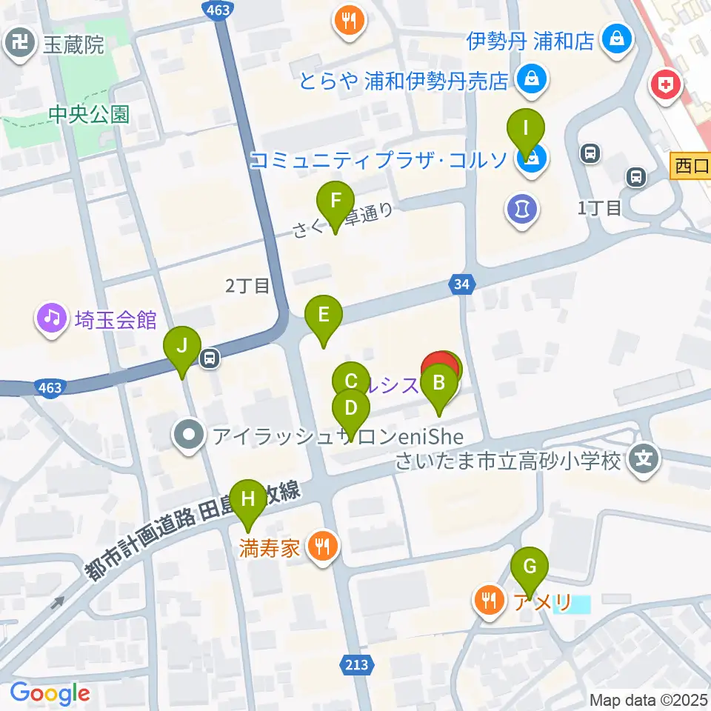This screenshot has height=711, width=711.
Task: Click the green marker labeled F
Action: [x=336, y=201]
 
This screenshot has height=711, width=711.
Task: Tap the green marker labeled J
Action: [x=182, y=346]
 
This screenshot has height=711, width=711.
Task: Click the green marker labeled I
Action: [x=526, y=129]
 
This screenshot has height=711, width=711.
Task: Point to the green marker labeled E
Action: [x=324, y=315]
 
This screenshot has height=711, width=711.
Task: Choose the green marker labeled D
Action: [x=352, y=408]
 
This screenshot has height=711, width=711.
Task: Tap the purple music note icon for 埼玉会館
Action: [x=51, y=319]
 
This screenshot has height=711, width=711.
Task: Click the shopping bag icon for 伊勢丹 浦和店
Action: [x=615, y=39]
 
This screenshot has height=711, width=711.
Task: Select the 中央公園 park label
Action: [x=89, y=114]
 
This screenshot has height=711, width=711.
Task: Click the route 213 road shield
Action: [x=356, y=665]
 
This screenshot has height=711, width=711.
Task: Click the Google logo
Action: [x=50, y=693]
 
